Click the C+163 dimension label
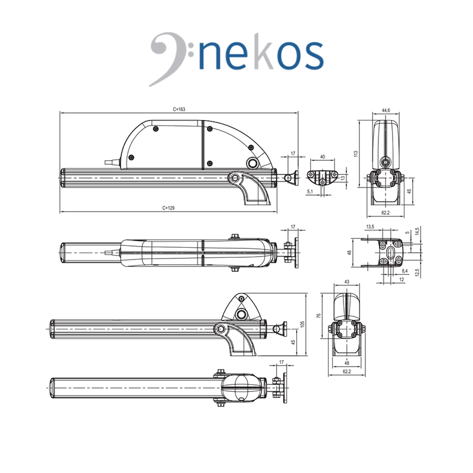(x=179, y=109)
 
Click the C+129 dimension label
(x=169, y=208)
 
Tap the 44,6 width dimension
(x=386, y=111)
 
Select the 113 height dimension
(x=356, y=154)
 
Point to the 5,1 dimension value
(x=310, y=192)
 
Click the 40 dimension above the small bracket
(x=322, y=157)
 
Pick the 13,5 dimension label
(x=370, y=226)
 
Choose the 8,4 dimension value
(x=404, y=271)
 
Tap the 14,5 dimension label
(x=417, y=231)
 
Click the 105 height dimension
(x=303, y=324)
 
